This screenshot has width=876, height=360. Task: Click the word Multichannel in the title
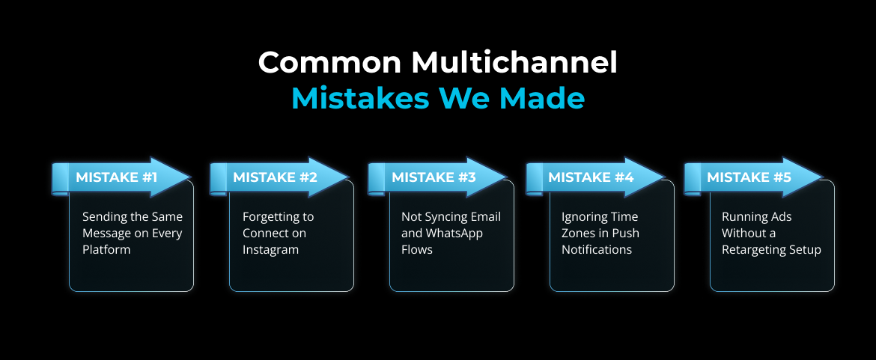point(514,63)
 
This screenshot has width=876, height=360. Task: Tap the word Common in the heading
point(329,63)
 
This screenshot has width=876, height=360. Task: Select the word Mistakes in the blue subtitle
point(361,99)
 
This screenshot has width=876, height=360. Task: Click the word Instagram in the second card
point(270,250)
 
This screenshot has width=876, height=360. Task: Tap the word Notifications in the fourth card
point(597,249)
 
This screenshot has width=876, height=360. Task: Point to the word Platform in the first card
point(106,249)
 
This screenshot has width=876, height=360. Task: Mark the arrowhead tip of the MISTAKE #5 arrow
point(824,177)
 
